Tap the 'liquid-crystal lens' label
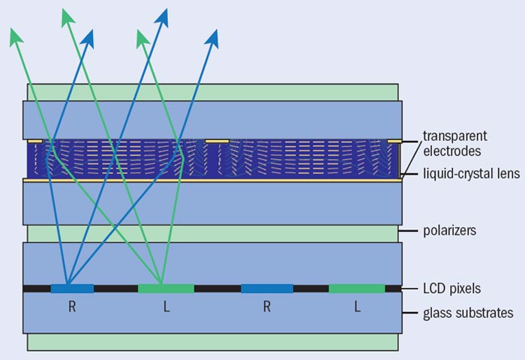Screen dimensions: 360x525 [459, 174]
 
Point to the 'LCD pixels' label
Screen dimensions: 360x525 [450, 288]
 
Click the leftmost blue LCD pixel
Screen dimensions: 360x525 [72, 288]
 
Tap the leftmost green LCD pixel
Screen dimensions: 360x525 [166, 288]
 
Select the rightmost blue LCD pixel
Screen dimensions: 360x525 [267, 288]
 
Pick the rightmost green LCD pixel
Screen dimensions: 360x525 [356, 288]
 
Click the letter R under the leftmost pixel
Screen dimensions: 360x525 [72, 307]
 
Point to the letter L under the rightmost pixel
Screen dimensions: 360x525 [357, 307]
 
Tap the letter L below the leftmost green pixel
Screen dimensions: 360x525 [166, 307]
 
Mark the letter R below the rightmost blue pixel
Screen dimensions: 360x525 [267, 307]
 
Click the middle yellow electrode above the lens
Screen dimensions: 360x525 [217, 141]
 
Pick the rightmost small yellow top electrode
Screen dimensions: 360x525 [394, 141]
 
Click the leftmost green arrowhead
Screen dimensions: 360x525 [16, 33]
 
